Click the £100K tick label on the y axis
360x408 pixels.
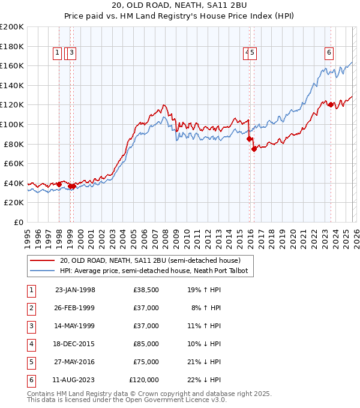(12, 124)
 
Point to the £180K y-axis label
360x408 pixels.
(12, 46)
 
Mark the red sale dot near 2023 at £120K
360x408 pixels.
(331, 104)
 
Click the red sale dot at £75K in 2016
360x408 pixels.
(254, 149)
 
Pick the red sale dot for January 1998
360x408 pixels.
(59, 184)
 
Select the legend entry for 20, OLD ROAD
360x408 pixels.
(150, 260)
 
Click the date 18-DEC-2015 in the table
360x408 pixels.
(75, 344)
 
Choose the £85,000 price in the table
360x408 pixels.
(146, 344)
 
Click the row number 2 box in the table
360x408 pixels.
(31, 308)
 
